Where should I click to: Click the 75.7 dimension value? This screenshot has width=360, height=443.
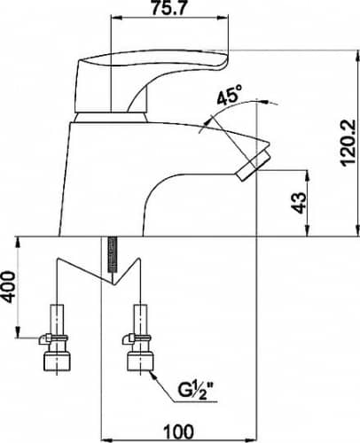pos(169,8)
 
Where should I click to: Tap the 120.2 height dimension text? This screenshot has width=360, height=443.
pos(348,143)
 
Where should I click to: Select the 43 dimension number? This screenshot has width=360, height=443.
pos(299,203)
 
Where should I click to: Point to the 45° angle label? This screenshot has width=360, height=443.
pos(230,95)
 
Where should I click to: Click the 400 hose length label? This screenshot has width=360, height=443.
pos(8,287)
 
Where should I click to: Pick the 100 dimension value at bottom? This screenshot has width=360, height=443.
pos(179,431)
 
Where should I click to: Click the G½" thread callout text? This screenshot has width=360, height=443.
pos(196,390)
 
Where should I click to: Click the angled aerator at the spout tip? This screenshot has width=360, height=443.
pos(254,166)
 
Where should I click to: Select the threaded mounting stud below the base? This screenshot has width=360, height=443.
pos(112,254)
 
